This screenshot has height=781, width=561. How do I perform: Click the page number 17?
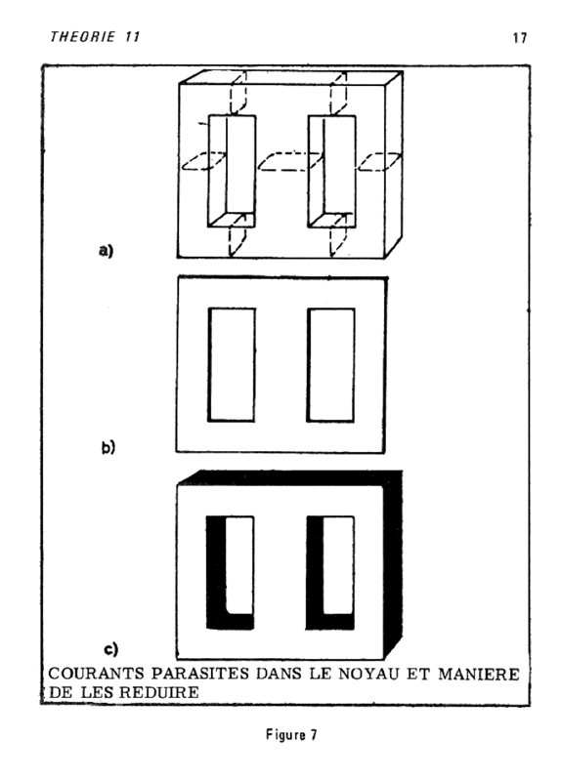coord(520,38)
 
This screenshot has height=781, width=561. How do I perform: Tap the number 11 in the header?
coord(132,36)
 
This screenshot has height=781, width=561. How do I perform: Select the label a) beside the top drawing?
coord(106,250)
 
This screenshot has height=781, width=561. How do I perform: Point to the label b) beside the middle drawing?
coord(108,447)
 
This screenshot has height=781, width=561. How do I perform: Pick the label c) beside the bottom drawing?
coord(111,649)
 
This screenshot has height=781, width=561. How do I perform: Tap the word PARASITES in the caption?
coord(200,674)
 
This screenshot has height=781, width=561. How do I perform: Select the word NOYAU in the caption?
coord(369,674)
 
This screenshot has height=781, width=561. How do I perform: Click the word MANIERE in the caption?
coord(479,675)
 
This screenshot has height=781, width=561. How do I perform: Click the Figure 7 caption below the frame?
coord(291,735)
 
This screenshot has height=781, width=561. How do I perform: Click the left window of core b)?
coord(232,364)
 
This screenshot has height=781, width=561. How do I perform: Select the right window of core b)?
coord(331,364)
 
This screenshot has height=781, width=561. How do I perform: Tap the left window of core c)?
coord(230,573)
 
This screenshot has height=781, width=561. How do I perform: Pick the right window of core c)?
coord(330,573)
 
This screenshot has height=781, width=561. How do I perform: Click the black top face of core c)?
coord(290,477)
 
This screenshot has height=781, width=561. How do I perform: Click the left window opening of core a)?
coord(232,172)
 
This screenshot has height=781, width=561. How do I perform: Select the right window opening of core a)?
coord(331,172)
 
